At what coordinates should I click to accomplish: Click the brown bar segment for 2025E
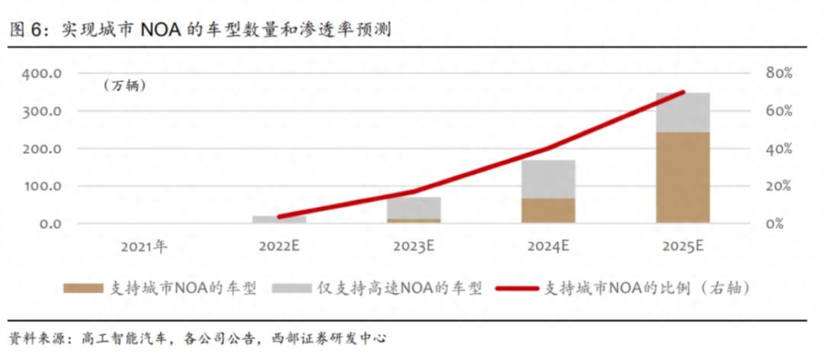(x=682, y=178)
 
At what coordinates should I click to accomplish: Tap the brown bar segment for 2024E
(x=548, y=211)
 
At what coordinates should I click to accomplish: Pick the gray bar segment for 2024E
(x=548, y=179)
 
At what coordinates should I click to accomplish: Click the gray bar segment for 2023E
(x=414, y=207)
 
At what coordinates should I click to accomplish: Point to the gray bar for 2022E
(x=279, y=220)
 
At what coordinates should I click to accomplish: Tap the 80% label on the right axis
(x=779, y=74)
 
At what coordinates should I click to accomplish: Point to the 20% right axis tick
(x=779, y=186)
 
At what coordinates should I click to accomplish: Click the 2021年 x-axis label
(x=143, y=246)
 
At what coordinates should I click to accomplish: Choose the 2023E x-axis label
(x=414, y=246)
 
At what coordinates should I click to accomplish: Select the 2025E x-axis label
(x=683, y=246)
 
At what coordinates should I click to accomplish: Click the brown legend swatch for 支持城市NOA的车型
(x=82, y=288)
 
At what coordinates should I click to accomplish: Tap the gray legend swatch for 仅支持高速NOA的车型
(x=293, y=288)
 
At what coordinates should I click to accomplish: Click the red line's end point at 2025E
(x=683, y=92)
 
